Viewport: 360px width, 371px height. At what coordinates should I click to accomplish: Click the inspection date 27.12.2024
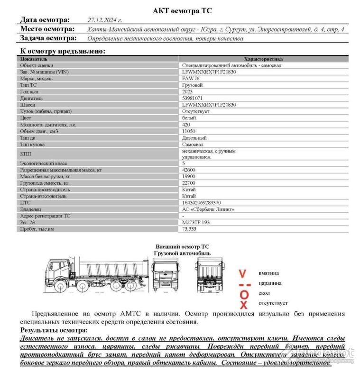click(x=105, y=20)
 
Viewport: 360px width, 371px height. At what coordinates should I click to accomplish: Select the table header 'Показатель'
click(x=34, y=59)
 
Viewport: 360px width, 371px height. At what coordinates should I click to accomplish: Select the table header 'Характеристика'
click(x=263, y=59)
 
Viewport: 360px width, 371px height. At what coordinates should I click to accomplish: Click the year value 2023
click(x=189, y=91)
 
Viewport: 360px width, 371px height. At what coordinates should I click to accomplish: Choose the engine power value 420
click(x=187, y=125)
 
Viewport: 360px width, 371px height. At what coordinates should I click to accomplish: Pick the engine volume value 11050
click(x=189, y=131)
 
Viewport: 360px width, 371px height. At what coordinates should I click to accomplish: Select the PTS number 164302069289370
click(x=202, y=202)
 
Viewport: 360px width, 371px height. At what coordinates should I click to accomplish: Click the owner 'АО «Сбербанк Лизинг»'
click(x=208, y=209)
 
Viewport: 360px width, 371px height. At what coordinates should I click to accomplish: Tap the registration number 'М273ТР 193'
click(x=196, y=222)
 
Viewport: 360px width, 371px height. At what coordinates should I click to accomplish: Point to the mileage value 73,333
click(x=190, y=229)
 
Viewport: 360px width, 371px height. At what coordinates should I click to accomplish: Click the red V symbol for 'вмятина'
click(x=243, y=273)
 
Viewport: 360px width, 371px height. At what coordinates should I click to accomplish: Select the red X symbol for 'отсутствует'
click(x=244, y=305)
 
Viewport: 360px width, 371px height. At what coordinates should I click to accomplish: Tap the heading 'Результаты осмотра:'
click(x=54, y=330)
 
